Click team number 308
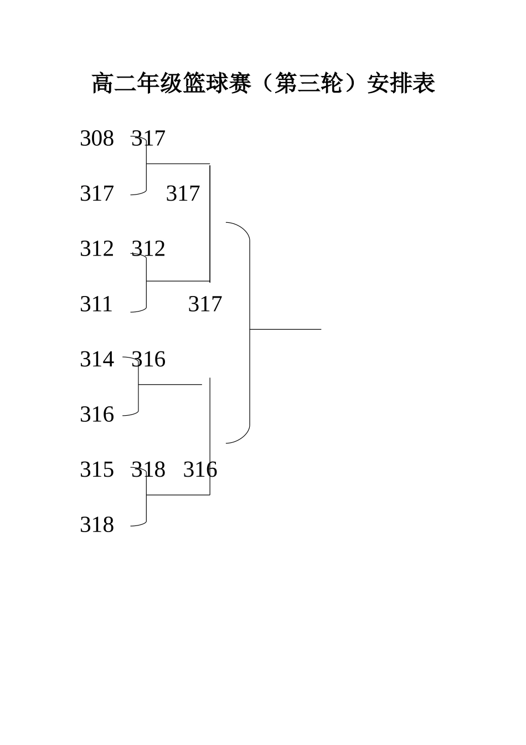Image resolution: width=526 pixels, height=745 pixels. click(97, 138)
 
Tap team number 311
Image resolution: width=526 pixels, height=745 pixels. click(96, 304)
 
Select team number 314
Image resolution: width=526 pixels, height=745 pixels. click(97, 359)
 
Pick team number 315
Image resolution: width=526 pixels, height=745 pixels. click(97, 470)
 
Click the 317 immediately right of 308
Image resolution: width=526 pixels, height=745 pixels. click(148, 138)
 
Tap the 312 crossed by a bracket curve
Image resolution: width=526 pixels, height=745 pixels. click(148, 248)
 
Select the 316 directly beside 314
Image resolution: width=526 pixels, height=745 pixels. click(148, 359)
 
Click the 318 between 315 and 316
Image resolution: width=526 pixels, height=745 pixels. click(148, 470)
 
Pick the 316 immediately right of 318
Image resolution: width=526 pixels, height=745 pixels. click(200, 470)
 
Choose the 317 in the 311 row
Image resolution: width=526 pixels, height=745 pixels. click(205, 304)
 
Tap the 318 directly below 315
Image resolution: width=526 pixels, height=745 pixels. click(97, 524)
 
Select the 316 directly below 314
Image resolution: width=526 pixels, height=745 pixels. click(97, 414)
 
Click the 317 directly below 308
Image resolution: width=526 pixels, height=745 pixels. click(97, 193)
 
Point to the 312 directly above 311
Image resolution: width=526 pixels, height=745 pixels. click(97, 248)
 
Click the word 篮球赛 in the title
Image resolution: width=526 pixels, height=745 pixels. click(205, 83)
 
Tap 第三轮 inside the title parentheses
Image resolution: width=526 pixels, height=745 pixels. click(309, 83)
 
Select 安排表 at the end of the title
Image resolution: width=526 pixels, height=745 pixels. click(401, 83)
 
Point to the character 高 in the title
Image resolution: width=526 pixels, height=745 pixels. click(103, 83)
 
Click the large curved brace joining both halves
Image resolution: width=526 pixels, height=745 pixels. click(250, 333)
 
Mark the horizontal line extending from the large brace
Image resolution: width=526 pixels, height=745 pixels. click(286, 329)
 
